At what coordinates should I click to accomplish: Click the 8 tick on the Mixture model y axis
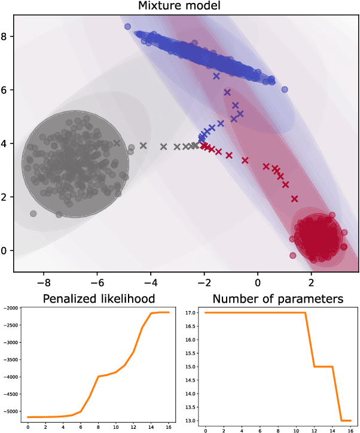tap(7, 36)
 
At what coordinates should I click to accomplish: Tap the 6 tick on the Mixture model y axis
tap(7, 90)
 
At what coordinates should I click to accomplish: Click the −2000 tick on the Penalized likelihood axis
tap(11, 308)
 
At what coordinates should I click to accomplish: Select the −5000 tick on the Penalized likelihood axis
tap(11, 411)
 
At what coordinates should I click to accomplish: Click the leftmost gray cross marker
tap(117, 144)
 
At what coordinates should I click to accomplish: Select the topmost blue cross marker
tap(216, 76)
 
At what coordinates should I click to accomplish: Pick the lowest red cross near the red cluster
tap(294, 199)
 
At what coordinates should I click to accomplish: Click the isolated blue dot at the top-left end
tap(127, 27)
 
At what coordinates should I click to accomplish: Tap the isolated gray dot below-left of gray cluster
tap(33, 214)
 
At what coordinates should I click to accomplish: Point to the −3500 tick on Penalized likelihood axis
tap(11, 359)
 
